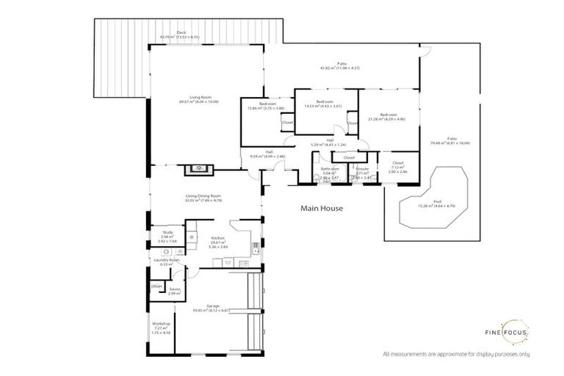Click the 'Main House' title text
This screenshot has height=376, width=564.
[322, 209]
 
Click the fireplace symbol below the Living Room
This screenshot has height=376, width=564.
[196, 168]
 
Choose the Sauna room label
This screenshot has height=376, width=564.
[175, 290]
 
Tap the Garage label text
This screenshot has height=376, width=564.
[213, 307]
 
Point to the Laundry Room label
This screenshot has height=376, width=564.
[166, 261]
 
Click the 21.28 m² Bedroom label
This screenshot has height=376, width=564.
[388, 116]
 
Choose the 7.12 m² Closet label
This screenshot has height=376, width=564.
[398, 164]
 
